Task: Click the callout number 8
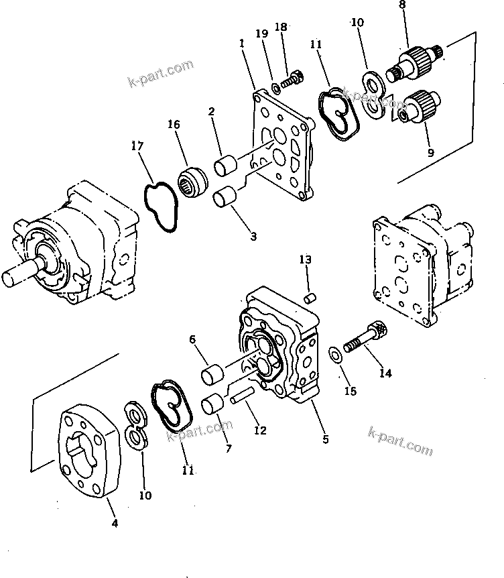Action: click(402, 5)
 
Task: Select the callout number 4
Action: click(115, 523)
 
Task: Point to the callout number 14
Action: click(385, 373)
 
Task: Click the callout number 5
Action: click(325, 440)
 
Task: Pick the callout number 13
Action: click(306, 259)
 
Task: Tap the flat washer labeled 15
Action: click(333, 354)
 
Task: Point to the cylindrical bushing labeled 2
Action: click(225, 163)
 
